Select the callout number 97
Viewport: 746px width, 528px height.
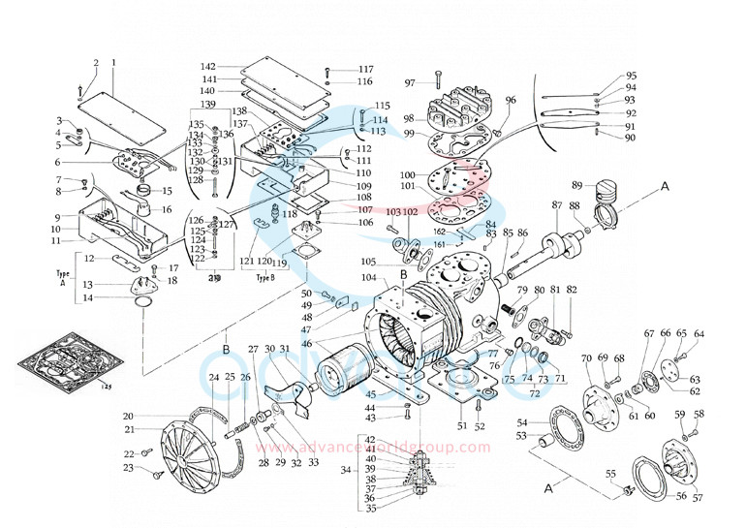coord(410,82)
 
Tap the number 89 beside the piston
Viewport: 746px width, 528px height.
coord(576,185)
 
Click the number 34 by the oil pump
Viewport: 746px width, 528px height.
coord(347,470)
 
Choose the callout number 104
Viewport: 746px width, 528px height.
coord(369,277)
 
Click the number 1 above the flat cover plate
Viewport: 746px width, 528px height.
coord(113,63)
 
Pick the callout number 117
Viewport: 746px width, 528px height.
coord(365,70)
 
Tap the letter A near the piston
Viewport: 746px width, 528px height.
coord(665,183)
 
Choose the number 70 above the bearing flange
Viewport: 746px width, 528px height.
coord(586,359)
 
